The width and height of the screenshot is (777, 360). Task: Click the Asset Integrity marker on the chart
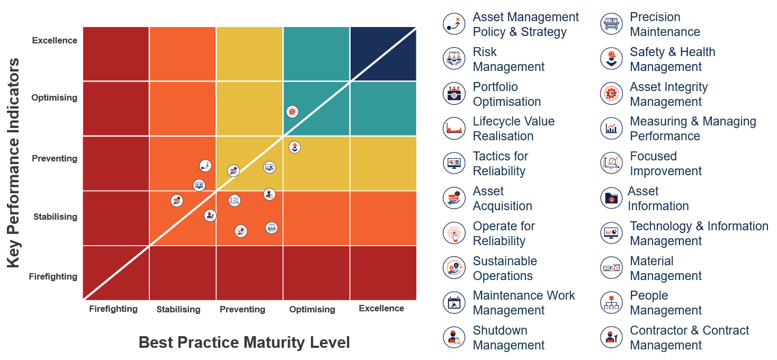click(x=292, y=112)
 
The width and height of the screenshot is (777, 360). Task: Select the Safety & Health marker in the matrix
click(x=295, y=147)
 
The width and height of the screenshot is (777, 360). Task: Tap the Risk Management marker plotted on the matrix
click(x=271, y=228)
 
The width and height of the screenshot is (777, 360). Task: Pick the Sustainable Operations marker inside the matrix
click(x=241, y=231)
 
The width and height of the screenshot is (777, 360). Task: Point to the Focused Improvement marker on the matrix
click(x=235, y=201)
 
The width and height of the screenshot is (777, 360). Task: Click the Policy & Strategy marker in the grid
click(x=206, y=166)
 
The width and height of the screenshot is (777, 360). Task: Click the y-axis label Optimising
click(x=54, y=97)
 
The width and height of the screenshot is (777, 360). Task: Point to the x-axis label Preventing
click(x=242, y=309)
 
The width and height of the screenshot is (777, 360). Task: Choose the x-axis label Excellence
click(x=381, y=308)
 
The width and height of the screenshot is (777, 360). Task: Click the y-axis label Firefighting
click(x=53, y=276)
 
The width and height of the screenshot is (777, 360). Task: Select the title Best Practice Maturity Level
click(x=244, y=343)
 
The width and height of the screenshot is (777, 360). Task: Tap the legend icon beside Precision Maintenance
click(x=612, y=24)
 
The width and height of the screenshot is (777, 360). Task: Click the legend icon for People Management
click(x=612, y=303)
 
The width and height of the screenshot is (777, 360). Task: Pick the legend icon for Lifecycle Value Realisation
click(x=454, y=129)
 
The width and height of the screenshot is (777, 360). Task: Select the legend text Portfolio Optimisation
click(x=506, y=94)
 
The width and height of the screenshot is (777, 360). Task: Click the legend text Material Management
click(x=665, y=268)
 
